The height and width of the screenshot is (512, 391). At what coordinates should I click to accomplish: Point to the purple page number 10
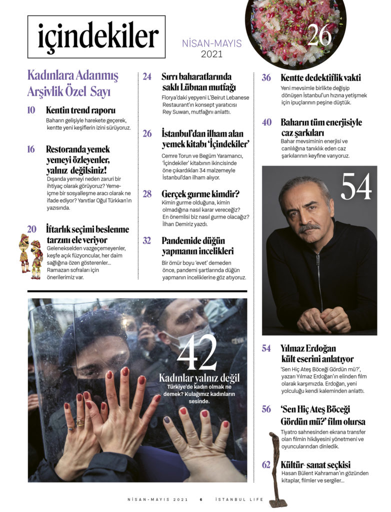click(x=31, y=110)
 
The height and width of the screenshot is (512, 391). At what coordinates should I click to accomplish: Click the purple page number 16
click(x=31, y=149)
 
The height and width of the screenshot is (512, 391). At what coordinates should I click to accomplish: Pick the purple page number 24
click(x=147, y=77)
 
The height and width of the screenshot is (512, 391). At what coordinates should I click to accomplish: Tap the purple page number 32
click(x=147, y=240)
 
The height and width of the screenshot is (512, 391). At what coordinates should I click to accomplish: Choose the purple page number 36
click(x=266, y=78)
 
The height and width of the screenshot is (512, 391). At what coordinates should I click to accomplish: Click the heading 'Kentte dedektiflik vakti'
click(x=320, y=78)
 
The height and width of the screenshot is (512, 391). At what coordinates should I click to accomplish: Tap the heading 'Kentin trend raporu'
click(x=80, y=110)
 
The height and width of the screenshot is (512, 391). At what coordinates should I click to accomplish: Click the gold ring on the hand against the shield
click(x=80, y=423)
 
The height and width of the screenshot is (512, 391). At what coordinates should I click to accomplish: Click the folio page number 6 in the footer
click(x=200, y=499)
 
